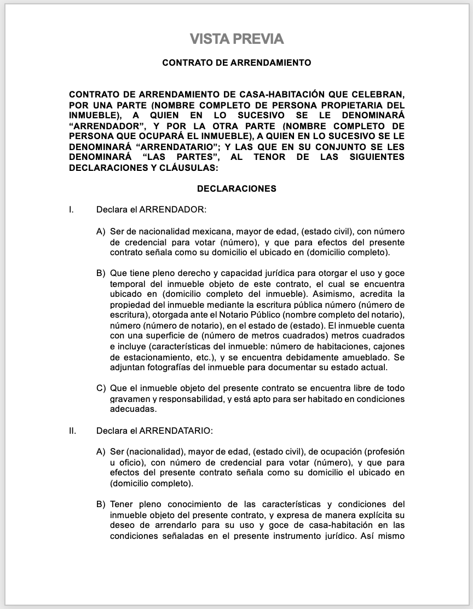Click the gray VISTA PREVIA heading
pos(236,39)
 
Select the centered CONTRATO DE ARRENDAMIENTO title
pos(236,63)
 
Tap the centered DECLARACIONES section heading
pos(236,189)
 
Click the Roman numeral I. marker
pos(71,209)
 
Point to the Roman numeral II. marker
pos(72,431)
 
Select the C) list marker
pos(101,388)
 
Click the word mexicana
pos(208,232)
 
